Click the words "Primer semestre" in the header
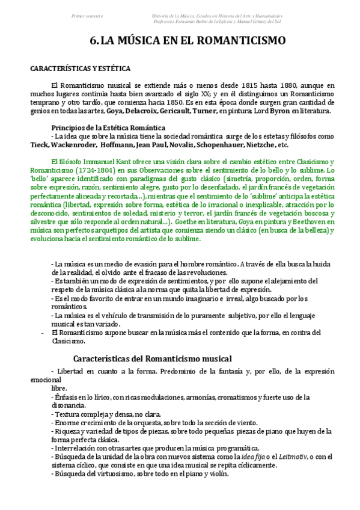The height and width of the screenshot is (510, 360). point(87,16)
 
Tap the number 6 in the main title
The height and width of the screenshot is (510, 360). point(93,41)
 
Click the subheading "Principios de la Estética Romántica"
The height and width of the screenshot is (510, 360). point(108,128)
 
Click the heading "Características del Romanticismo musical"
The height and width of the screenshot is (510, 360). point(156,358)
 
